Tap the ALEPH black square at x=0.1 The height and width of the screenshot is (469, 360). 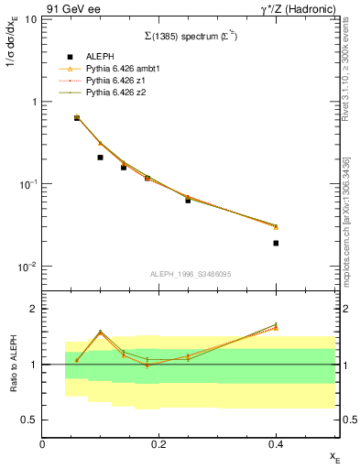click(100, 158)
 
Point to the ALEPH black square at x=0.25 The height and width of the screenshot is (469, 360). click(188, 199)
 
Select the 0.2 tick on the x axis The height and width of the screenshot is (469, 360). click(158, 444)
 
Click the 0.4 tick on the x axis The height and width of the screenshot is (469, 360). click(275, 444)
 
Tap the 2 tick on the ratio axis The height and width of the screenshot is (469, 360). click(33, 309)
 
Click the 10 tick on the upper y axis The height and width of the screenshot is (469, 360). click(28, 19)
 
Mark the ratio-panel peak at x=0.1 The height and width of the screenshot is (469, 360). click(100, 332)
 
